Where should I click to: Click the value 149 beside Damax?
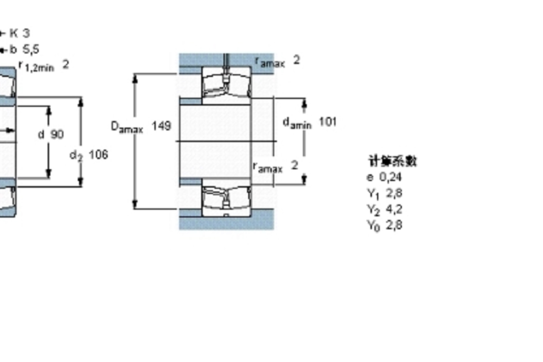tap(161, 126)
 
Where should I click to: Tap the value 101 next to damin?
tap(328, 122)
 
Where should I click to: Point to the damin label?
tap(297, 123)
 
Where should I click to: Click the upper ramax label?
tap(270, 62)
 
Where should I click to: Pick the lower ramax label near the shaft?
tap(268, 167)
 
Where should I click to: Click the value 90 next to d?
tap(57, 135)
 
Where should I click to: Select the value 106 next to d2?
tap(99, 155)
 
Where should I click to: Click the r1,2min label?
tap(36, 66)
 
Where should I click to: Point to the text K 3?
tap(20, 33)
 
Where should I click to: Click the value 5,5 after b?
tap(31, 49)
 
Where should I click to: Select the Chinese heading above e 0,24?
tap(393, 161)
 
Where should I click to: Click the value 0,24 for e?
tap(390, 177)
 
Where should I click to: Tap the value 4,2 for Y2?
tap(394, 209)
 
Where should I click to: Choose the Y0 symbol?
tap(373, 226)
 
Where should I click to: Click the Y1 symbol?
tap(373, 193)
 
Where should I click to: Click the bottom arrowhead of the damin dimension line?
tap(304, 180)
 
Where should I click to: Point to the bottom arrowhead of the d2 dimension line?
tap(80, 182)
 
